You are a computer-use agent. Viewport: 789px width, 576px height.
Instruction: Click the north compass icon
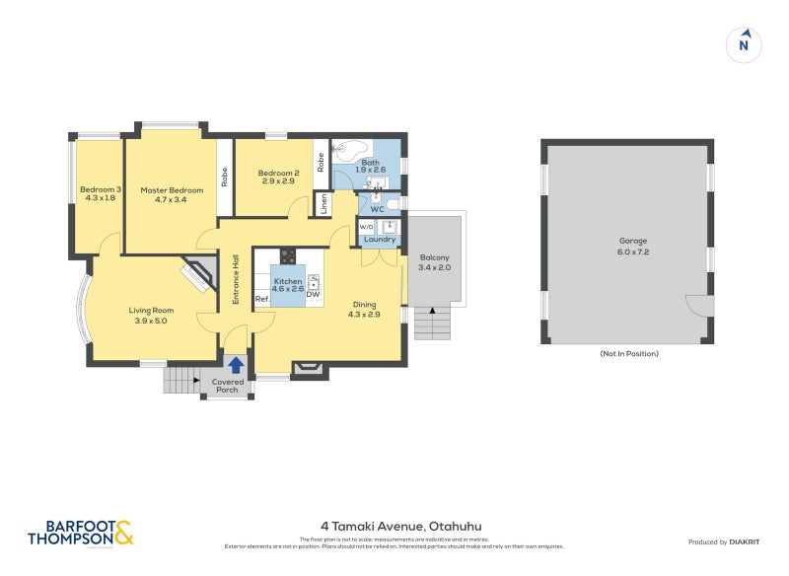[746, 43]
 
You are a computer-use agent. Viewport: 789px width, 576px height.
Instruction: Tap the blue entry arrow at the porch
[235, 366]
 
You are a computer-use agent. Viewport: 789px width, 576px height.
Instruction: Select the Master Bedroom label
[172, 190]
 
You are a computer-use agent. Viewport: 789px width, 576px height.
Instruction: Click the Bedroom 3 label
[101, 189]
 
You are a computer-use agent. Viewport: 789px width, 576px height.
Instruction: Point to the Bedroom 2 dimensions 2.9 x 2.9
[277, 181]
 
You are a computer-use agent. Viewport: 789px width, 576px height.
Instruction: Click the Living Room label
[151, 311]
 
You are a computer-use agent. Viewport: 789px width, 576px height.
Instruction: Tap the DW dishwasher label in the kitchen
[313, 295]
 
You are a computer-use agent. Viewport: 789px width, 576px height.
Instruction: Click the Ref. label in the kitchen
[263, 299]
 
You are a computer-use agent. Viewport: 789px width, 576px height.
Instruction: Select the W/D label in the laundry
[366, 227]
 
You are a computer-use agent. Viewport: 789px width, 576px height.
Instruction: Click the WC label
[377, 209]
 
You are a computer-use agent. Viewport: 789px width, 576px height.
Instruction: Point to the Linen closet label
[323, 204]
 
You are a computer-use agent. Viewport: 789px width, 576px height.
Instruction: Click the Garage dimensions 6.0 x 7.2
[626, 251]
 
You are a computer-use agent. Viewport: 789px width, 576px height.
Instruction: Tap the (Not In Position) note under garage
[628, 353]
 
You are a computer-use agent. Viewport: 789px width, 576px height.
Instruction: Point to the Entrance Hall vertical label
[236, 278]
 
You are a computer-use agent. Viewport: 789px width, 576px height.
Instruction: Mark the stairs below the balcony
[431, 323]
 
